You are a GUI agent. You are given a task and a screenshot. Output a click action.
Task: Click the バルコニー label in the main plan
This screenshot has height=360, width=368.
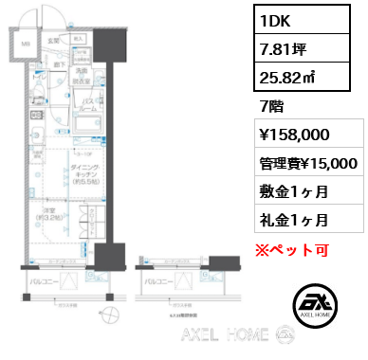point(46,281)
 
